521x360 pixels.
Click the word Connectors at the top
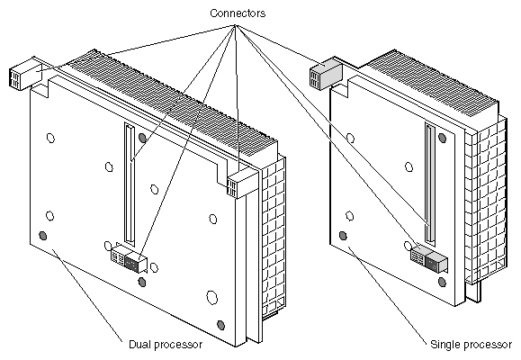click(238, 13)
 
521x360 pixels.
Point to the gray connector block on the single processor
click(327, 76)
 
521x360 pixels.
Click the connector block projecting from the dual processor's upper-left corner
click(26, 74)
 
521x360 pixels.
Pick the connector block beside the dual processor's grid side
click(242, 184)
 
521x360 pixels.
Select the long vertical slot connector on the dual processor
click(130, 183)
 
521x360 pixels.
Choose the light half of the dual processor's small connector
click(118, 256)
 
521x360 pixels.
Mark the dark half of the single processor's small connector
click(436, 262)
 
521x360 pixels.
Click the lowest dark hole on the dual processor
click(220, 325)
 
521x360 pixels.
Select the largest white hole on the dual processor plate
click(211, 298)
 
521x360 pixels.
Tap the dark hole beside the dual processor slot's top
click(142, 138)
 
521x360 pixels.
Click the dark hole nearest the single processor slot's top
click(442, 138)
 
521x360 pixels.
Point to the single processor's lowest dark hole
click(442, 282)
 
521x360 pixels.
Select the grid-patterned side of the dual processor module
click(274, 238)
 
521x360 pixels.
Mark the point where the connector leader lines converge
click(235, 25)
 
